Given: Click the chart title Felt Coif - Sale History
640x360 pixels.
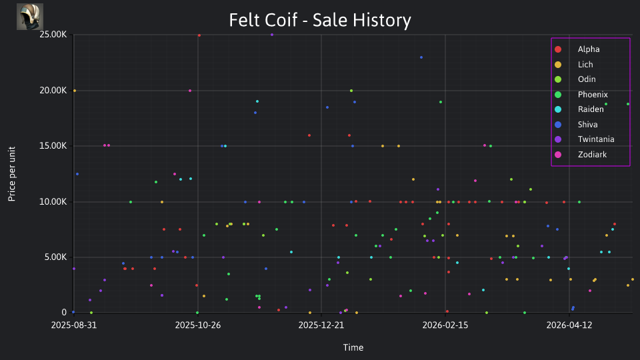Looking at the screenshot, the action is pos(320,20).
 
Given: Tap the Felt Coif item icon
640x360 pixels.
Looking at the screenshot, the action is pos(30,17).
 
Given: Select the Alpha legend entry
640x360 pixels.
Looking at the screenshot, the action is pos(589,49).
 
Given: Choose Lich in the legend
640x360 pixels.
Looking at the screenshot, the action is pos(585,65).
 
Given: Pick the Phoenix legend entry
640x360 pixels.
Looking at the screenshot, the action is pos(593,95).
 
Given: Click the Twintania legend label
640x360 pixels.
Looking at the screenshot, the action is pos(596,139).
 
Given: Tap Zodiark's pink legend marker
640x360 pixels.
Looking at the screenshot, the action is pos(558,155).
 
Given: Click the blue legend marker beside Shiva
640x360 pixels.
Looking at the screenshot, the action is pos(558,125).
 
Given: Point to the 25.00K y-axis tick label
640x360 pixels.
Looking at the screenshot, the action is pos(53,35).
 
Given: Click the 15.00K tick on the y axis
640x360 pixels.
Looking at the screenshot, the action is pos(53,146).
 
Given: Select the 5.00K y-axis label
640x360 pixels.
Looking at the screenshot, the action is pos(55,257).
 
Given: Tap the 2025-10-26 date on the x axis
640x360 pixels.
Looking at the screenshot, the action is pos(198,325).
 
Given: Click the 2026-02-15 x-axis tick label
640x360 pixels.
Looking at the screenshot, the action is pos(445,325).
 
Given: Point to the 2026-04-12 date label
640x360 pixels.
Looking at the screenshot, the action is pos(569,325).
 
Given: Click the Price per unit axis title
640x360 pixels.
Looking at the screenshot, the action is pos(12,174).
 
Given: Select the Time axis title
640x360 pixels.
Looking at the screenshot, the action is pos(353,348).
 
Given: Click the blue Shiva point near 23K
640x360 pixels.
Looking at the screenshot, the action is pos(421,57).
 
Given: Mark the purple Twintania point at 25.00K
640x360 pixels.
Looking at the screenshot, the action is pos(272,35).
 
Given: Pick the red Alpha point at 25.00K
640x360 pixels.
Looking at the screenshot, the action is pos(199,35).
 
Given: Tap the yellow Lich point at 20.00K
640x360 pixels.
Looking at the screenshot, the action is pos(74,91).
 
